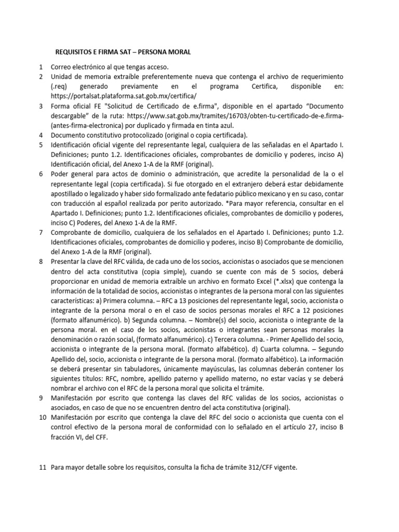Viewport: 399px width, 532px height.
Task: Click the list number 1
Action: coord(41,67)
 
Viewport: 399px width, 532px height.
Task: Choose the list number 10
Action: coord(43,417)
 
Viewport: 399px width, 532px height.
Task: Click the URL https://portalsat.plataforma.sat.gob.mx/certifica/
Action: coord(124,96)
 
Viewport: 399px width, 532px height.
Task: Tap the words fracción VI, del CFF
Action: coord(82,437)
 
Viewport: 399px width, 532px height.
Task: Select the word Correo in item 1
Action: coord(62,67)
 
